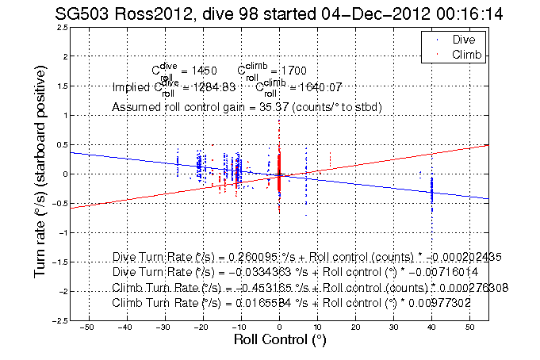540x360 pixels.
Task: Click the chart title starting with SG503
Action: [270, 13]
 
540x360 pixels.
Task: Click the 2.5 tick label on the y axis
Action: [60, 28]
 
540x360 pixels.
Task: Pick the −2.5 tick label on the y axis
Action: [57, 320]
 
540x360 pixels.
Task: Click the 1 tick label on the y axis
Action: [64, 116]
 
